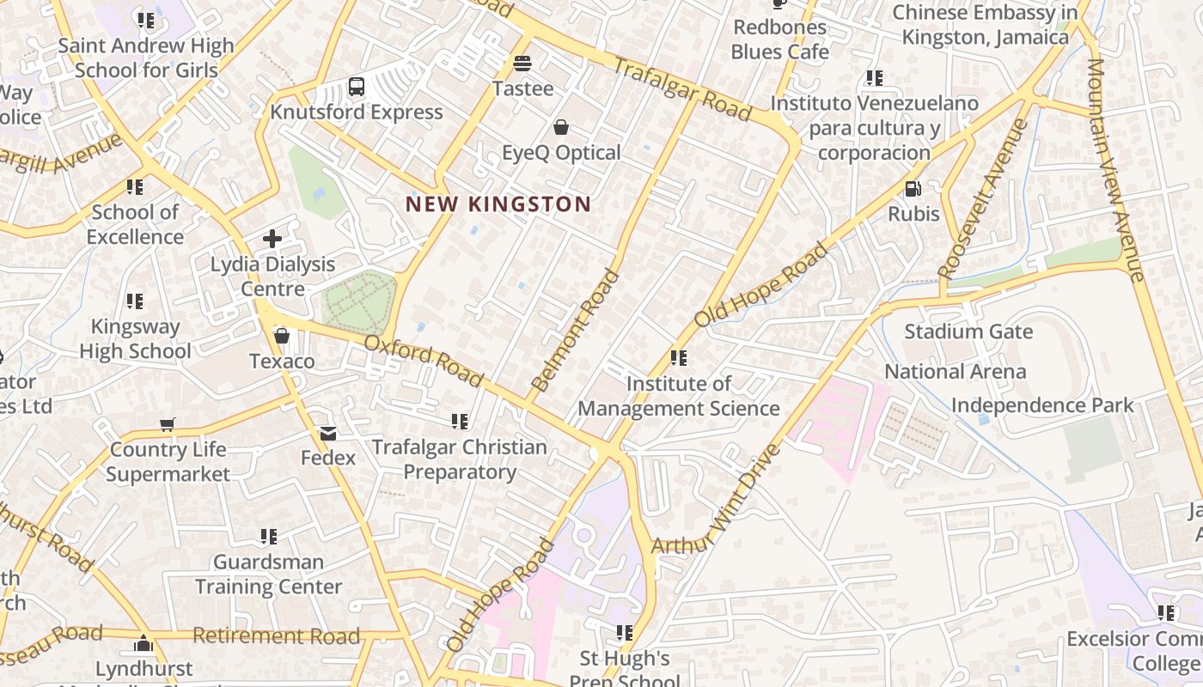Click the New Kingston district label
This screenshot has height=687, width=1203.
(498, 204)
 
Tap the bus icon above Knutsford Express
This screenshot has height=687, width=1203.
(357, 87)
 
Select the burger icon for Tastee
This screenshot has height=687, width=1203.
(522, 64)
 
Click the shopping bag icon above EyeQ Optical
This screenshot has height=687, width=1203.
(561, 128)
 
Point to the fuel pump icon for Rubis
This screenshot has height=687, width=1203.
(913, 188)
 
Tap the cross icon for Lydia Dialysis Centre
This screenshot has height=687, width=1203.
(272, 239)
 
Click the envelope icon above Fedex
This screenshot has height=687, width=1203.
(327, 434)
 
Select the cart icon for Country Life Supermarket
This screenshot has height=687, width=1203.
(168, 424)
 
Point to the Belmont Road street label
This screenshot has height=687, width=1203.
(575, 331)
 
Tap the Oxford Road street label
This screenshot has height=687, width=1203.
(424, 362)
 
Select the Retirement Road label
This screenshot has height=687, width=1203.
(276, 636)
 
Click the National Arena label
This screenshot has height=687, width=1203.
(956, 372)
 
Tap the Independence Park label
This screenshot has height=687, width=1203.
(1042, 405)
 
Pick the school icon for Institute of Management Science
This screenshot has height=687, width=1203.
(679, 357)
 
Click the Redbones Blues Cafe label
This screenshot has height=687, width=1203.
(779, 40)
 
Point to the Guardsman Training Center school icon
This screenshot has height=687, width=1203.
(269, 537)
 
